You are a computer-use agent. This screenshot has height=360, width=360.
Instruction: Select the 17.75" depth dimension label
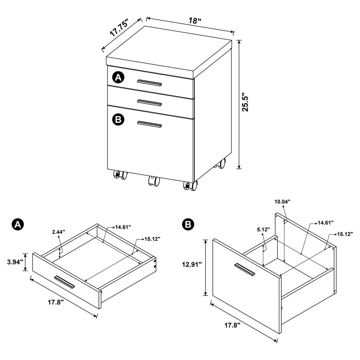pyautogui.click(x=119, y=29)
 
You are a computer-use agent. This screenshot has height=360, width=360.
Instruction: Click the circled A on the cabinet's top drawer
pyautogui.click(x=118, y=78)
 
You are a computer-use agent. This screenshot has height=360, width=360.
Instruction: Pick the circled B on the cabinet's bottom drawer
pyautogui.click(x=118, y=119)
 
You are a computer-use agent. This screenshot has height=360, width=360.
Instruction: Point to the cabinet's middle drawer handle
pyautogui.click(x=149, y=102)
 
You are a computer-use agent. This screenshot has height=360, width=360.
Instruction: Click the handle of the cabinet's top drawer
pyautogui.click(x=149, y=83)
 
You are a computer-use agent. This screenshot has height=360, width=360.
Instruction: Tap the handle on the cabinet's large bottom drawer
pyautogui.click(x=149, y=124)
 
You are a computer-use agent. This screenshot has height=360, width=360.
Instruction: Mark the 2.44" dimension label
pyautogui.click(x=58, y=232)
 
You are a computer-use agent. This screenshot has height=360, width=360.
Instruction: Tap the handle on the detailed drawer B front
pyautogui.click(x=244, y=269)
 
